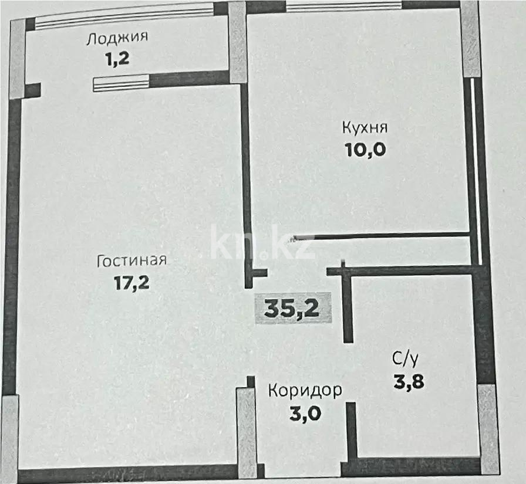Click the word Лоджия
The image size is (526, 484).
117,39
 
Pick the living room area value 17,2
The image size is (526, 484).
132,283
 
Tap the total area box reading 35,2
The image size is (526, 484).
292,307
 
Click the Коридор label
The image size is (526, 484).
305,390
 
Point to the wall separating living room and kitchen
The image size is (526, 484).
247,176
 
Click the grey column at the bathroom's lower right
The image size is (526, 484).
488,428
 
